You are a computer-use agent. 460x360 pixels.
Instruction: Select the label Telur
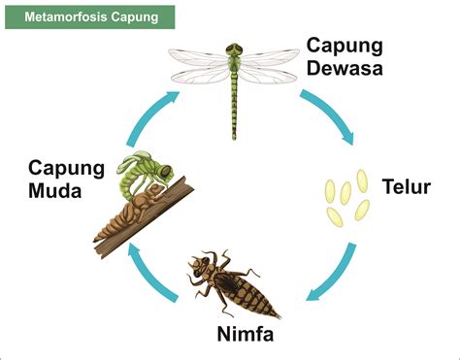pyautogui.click(x=407, y=186)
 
